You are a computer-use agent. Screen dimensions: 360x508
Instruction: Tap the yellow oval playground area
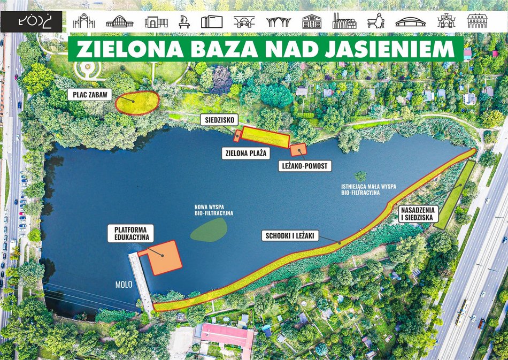(138, 102)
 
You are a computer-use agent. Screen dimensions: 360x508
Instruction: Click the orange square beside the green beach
(298, 150)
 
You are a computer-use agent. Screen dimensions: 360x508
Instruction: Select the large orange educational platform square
(164, 257)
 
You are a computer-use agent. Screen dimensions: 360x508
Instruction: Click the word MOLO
(124, 285)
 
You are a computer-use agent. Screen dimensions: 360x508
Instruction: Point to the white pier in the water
(141, 281)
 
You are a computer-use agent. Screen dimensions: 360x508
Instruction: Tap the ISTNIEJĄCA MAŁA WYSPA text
(368, 188)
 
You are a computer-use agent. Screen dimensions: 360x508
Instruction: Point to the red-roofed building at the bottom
(227, 336)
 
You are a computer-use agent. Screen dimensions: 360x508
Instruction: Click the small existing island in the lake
(361, 175)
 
